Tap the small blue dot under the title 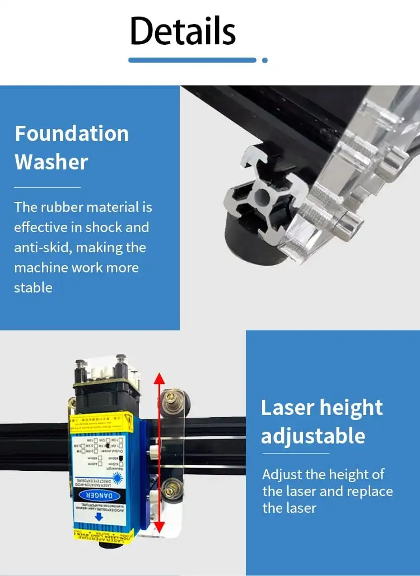tap(265, 60)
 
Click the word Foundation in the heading tap(72, 134)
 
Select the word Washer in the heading tap(52, 162)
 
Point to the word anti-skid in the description tap(43, 247)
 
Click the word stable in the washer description tap(33, 287)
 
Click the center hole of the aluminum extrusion tap(262, 197)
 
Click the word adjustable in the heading tap(313, 436)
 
